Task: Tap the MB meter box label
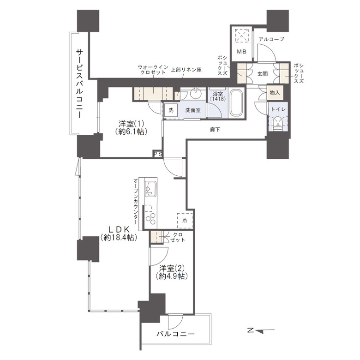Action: [242, 52]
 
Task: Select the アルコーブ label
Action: [271, 40]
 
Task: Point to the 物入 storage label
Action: [275, 93]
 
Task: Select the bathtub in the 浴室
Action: [236, 103]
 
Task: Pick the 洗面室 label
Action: [192, 111]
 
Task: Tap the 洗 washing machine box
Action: [170, 111]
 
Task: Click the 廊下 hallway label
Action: [215, 130]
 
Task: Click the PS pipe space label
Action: [158, 154]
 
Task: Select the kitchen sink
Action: [151, 189]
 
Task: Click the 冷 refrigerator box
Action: [184, 220]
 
